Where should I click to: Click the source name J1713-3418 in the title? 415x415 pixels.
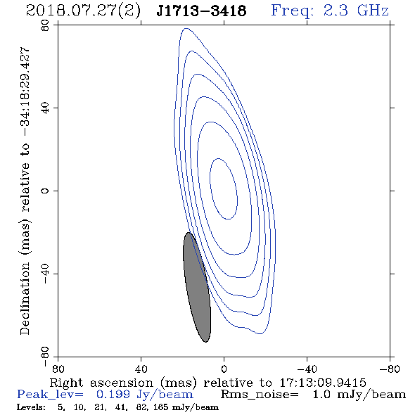point(201,11)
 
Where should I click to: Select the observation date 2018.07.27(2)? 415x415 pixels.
point(83,11)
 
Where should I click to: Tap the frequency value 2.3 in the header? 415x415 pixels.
point(336,11)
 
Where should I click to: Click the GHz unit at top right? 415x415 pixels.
point(373,11)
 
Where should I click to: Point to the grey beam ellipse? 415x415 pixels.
point(197,287)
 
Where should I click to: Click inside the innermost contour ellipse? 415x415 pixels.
point(224,189)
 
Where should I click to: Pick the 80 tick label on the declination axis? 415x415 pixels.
point(45,26)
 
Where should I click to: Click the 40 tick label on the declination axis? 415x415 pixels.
point(45,108)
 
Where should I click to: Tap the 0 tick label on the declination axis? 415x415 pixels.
point(45,191)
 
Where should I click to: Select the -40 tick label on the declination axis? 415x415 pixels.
point(45,274)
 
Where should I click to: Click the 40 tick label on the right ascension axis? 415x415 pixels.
point(141,369)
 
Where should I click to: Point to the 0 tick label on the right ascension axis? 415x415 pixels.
point(224,369)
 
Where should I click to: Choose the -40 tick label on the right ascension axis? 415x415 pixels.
point(307,369)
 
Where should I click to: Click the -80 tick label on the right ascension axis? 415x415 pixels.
point(390,369)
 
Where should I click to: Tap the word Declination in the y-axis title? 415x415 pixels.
point(25,299)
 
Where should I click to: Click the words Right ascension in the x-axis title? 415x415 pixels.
point(101,383)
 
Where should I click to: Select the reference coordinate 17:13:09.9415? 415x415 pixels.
point(323,383)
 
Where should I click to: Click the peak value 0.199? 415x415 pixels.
point(113,395)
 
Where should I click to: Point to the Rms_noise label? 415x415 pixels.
point(260,395)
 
